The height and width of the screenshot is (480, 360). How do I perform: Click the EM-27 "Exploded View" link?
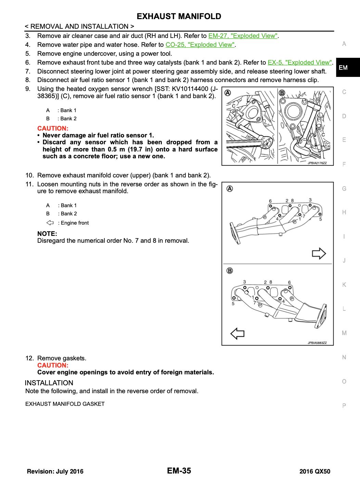click(243, 36)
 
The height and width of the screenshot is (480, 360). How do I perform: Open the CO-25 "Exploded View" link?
click(200, 45)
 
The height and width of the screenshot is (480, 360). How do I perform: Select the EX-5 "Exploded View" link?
click(300, 63)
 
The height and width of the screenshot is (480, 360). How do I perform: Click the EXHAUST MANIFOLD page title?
click(179, 16)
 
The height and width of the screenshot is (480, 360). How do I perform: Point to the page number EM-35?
click(179, 471)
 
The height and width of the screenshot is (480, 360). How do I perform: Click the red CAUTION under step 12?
click(53, 365)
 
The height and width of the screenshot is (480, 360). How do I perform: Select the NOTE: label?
click(47, 234)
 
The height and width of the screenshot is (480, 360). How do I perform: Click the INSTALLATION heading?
click(49, 383)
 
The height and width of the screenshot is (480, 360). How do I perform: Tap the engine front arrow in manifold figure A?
click(319, 253)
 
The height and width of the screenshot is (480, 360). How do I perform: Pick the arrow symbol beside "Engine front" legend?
click(50, 223)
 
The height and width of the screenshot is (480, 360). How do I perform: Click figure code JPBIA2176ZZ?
click(317, 163)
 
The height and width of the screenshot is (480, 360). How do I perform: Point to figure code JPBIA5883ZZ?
click(317, 343)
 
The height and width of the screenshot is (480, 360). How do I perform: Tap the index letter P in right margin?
click(344, 406)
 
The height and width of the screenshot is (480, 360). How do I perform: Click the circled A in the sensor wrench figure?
click(227, 92)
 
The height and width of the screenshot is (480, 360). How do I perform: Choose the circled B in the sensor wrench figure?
click(282, 92)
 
